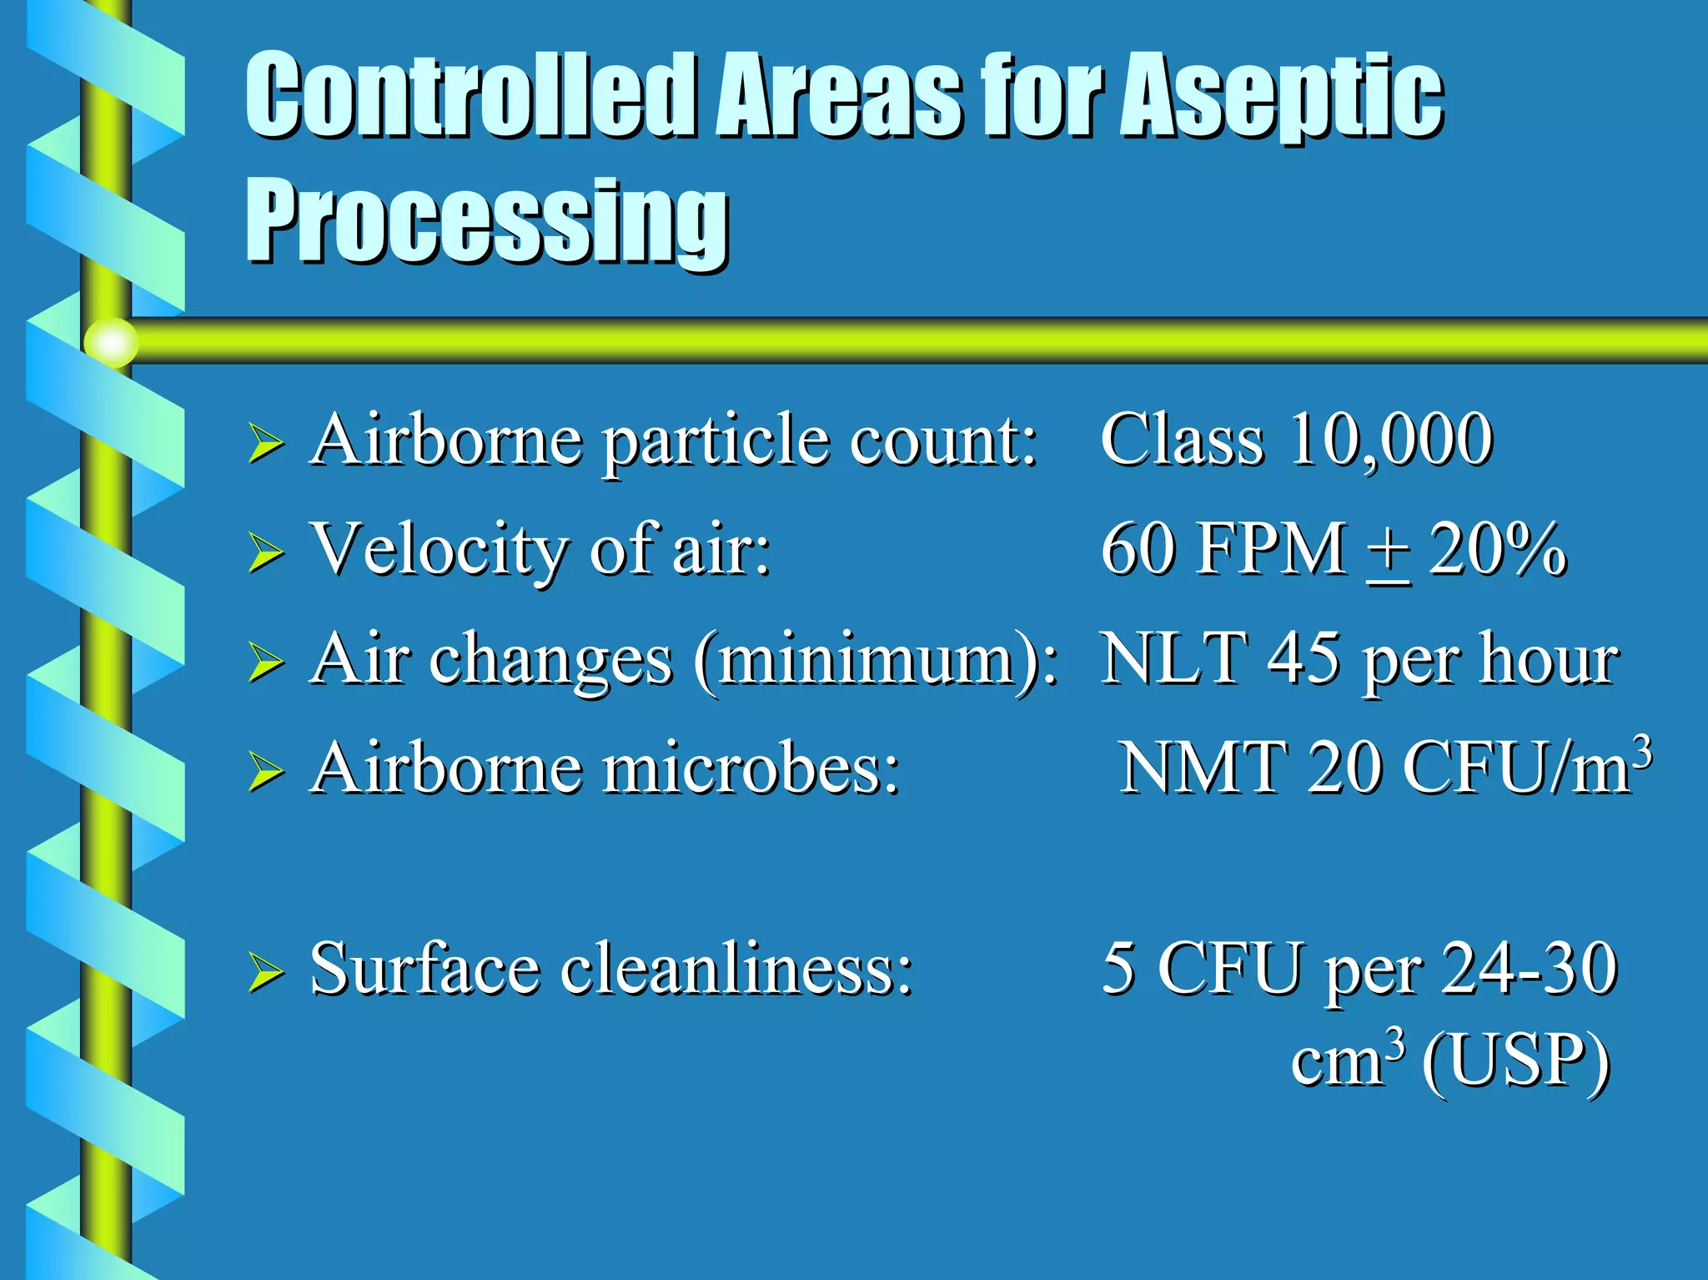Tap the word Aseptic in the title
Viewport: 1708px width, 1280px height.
pyautogui.click(x=1281, y=96)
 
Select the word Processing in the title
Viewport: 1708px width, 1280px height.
pyautogui.click(x=486, y=221)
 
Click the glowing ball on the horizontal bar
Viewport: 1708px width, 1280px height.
pyautogui.click(x=111, y=342)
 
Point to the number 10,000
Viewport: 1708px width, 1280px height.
pyautogui.click(x=1390, y=440)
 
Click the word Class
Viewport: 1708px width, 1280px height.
pyautogui.click(x=1182, y=440)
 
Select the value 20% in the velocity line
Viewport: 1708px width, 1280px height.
pyautogui.click(x=1498, y=550)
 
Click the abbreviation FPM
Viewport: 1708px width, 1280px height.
pyautogui.click(x=1272, y=550)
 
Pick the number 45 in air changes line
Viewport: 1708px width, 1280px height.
pyautogui.click(x=1303, y=659)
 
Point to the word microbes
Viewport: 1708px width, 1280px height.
pyautogui.click(x=751, y=768)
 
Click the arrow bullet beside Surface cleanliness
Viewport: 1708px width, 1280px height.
pyautogui.click(x=266, y=973)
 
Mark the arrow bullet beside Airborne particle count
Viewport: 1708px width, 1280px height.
pyautogui.click(x=266, y=443)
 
